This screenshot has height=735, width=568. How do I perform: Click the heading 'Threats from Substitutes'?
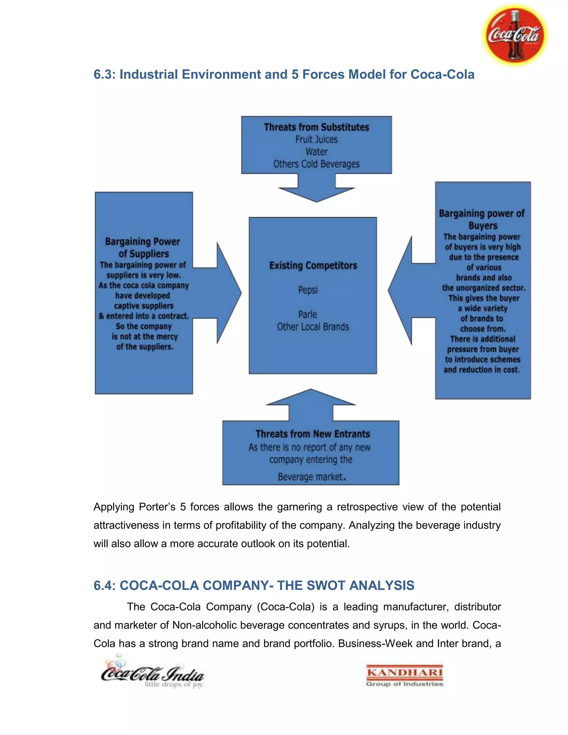coord(316,127)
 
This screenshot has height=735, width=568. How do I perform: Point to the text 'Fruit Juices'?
coord(316,139)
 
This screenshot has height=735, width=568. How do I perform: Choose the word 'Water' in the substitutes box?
coord(316,152)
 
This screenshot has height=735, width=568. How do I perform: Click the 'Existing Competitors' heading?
coord(313,265)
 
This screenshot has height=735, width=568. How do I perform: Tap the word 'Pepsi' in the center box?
coord(308,290)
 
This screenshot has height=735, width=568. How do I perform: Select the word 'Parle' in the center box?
coord(308,314)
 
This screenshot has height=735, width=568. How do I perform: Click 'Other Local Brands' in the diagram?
coord(313,327)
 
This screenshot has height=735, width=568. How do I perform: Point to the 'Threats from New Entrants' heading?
coord(313,434)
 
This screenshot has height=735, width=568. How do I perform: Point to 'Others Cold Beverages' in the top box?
coord(316,164)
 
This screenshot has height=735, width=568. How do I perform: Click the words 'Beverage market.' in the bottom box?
coord(311,477)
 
